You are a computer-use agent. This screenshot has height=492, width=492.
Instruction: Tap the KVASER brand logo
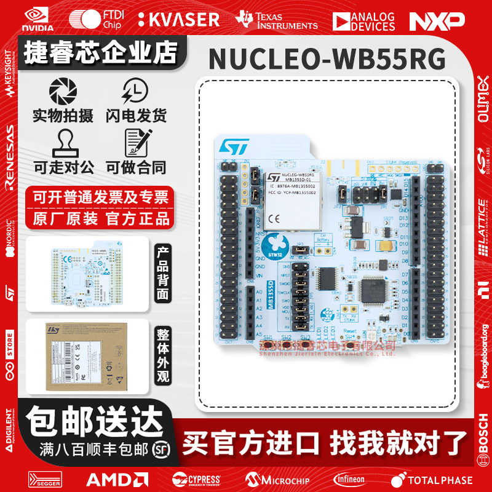(178, 20)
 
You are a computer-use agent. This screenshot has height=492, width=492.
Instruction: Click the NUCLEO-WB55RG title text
(327, 60)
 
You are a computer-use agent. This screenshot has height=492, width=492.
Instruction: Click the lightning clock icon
(135, 92)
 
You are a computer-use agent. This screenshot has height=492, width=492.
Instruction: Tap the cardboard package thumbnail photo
(89, 355)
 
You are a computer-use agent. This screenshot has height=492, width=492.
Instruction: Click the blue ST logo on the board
(233, 147)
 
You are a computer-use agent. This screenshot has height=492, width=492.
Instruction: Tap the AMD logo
(117, 479)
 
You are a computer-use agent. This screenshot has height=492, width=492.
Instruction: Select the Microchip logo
(277, 479)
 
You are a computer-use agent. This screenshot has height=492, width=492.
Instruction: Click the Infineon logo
(349, 479)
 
